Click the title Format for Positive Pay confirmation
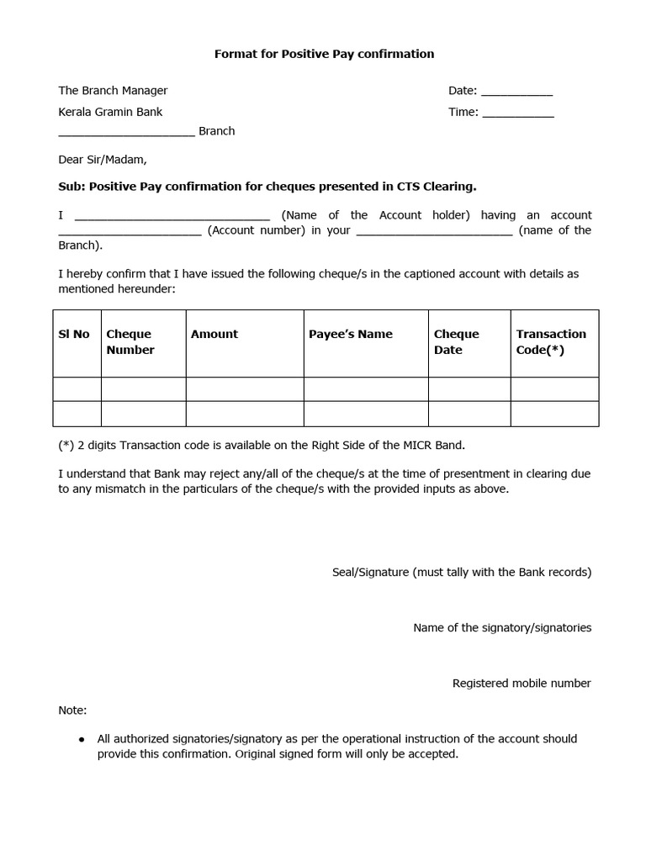324,54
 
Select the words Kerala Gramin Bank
110,112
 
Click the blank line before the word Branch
126,134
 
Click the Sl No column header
74,334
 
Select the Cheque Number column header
130,342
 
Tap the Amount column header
214,334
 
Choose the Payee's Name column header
351,334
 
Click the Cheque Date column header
456,342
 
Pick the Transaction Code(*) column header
551,342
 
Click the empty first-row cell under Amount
245,389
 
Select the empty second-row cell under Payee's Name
366,414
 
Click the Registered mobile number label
522,684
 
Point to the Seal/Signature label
462,573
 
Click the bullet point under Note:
82,739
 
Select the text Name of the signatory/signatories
502,628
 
